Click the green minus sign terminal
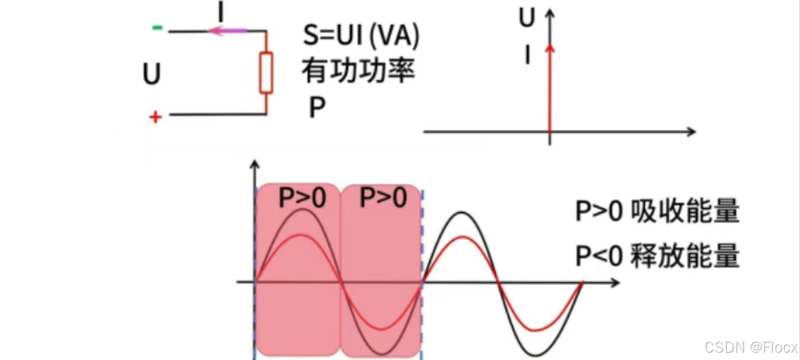pyautogui.click(x=157, y=28)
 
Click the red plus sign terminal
pyautogui.click(x=155, y=117)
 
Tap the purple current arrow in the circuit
pyautogui.click(x=228, y=30)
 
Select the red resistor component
pyautogui.click(x=266, y=73)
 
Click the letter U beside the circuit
pyautogui.click(x=152, y=74)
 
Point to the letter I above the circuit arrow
pyautogui.click(x=220, y=11)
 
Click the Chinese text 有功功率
pyautogui.click(x=358, y=71)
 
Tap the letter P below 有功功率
pyautogui.click(x=317, y=107)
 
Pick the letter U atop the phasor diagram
pyautogui.click(x=526, y=19)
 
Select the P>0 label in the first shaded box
pyautogui.click(x=301, y=198)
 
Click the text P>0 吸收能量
pyautogui.click(x=657, y=214)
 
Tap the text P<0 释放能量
pyautogui.click(x=657, y=255)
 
